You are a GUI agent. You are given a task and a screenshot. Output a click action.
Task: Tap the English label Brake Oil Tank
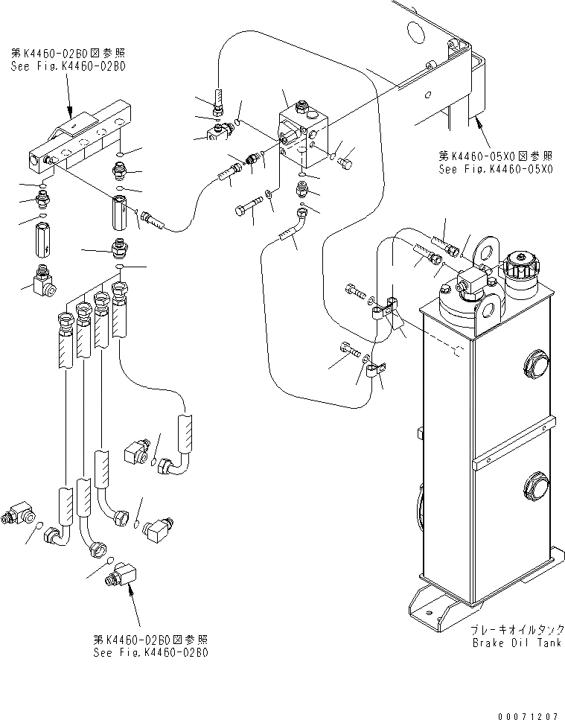[x=517, y=643]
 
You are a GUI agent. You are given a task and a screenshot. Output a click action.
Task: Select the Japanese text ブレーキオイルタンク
[x=514, y=630]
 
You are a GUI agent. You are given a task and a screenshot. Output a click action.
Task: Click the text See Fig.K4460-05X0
[x=495, y=170]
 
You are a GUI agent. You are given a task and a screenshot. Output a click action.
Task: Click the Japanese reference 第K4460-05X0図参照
[x=495, y=156]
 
